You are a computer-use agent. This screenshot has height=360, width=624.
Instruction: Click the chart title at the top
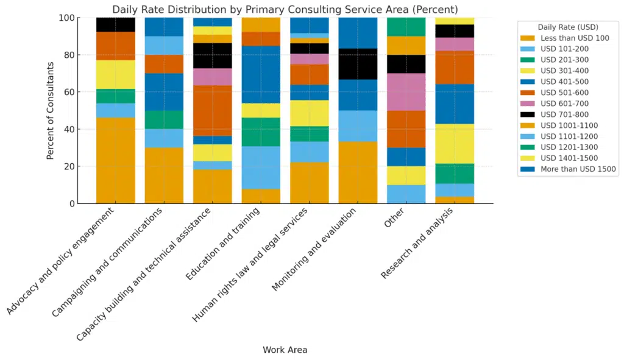[285, 9]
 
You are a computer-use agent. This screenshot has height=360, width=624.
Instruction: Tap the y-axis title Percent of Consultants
[51, 110]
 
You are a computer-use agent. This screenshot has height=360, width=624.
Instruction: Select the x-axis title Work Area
[285, 350]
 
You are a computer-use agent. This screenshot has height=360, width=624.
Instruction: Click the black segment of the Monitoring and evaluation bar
[358, 64]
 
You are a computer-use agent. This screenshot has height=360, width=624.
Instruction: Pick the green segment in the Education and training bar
[261, 132]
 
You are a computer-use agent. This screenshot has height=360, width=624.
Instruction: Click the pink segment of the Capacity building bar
[213, 77]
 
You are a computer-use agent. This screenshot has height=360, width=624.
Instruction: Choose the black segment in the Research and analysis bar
[455, 30]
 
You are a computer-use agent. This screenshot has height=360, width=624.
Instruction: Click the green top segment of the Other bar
[406, 27]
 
